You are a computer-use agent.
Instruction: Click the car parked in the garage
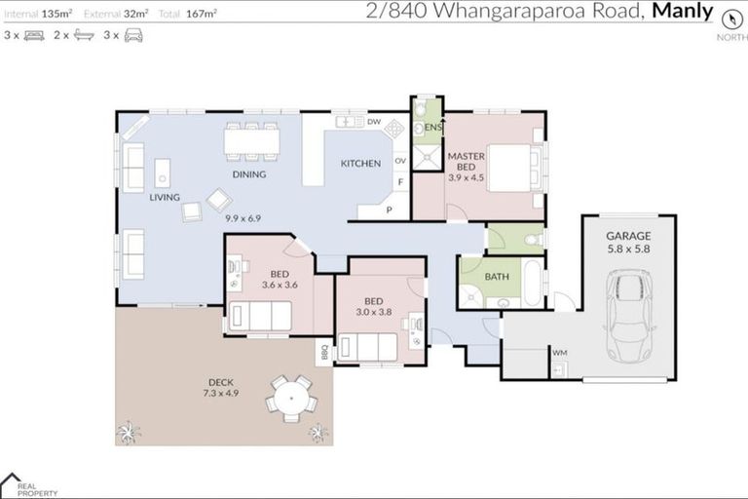(x=628, y=316)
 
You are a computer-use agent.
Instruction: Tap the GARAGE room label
(x=628, y=236)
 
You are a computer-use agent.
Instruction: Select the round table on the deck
(x=291, y=399)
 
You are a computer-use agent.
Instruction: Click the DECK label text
(x=220, y=382)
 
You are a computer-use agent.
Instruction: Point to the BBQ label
(x=323, y=352)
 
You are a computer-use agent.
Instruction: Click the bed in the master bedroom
(x=509, y=168)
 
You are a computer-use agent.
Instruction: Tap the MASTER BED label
(x=465, y=162)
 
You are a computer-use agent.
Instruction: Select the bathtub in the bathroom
(x=534, y=285)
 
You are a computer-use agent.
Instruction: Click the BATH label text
(x=497, y=277)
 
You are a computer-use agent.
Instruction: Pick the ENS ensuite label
(x=433, y=128)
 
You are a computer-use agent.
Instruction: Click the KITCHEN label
(x=360, y=164)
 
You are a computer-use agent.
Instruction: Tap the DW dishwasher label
(x=374, y=122)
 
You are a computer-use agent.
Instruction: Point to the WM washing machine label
(x=559, y=352)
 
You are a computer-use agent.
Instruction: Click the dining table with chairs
(x=251, y=142)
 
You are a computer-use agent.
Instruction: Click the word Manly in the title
(x=682, y=12)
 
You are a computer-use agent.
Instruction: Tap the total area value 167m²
(x=203, y=14)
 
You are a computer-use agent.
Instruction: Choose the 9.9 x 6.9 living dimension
(x=243, y=218)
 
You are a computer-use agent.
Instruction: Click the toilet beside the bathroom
(x=532, y=238)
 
